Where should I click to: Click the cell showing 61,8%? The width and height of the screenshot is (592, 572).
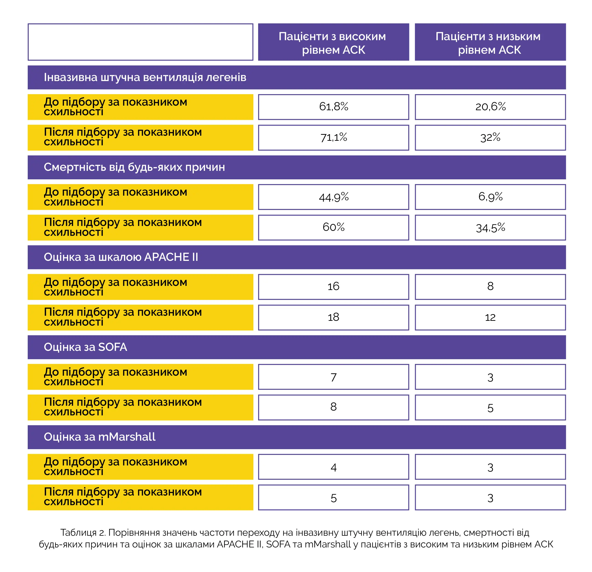tap(333, 107)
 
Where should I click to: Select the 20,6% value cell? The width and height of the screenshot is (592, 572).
tap(490, 107)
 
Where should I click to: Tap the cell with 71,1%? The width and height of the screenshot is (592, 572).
tap(333, 138)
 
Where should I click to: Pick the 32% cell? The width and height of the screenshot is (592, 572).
tap(490, 138)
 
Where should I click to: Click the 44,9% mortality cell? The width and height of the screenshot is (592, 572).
tap(333, 197)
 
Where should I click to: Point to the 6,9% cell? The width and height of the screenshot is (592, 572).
tap(490, 197)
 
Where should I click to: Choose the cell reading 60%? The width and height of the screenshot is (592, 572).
tap(333, 227)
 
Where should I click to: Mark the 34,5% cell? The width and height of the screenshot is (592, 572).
tap(490, 228)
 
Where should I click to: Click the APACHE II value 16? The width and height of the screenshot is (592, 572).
tap(333, 287)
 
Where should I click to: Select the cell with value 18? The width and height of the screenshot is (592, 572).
tap(333, 317)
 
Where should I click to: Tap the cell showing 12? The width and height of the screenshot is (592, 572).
tap(490, 317)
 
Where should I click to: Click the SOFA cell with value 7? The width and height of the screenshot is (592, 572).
tap(333, 377)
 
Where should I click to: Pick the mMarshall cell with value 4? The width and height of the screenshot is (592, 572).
tap(333, 467)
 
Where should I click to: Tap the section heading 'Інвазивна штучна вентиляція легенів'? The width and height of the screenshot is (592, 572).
tap(145, 77)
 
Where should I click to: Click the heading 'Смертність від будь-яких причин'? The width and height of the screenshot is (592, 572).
tap(134, 167)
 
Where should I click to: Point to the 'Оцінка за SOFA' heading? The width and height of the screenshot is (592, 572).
tap(86, 347)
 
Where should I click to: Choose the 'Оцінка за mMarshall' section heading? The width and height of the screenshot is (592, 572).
tap(100, 437)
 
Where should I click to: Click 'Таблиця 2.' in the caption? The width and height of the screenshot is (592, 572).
tap(83, 533)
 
